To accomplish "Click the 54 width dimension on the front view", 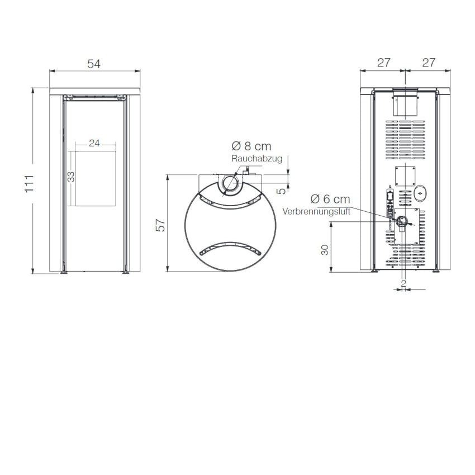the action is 94,64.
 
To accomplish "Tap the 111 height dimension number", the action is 29,184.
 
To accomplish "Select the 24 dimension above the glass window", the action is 94,143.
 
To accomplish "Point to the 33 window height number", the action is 71,177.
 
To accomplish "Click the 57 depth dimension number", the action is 160,225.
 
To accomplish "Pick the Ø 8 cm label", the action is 251,146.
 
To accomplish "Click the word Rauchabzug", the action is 257,159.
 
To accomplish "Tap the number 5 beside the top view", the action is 282,191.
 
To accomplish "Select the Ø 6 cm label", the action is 330,199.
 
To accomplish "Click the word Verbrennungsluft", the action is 316,211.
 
